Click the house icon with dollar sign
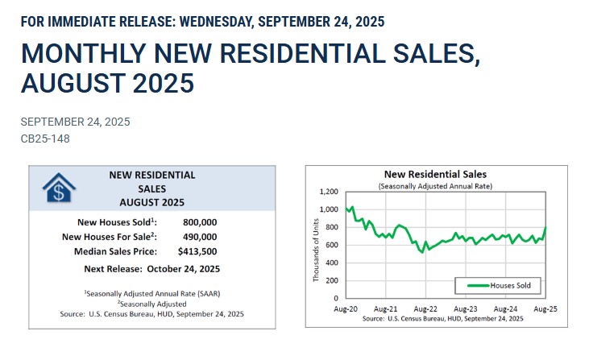58,188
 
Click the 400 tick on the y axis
332,263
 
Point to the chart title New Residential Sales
435,174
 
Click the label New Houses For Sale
109,237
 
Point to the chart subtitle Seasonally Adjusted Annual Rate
435,186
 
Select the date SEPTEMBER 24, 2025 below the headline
75,122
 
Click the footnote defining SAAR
151,293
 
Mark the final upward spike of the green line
545,230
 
